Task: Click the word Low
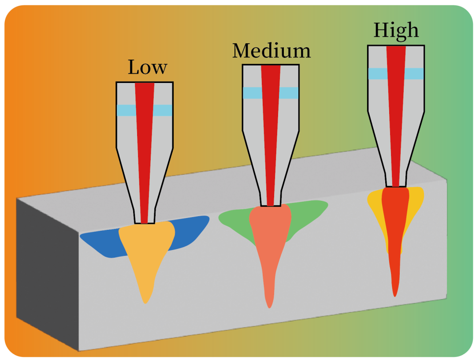tap(147, 67)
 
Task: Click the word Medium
tap(271, 50)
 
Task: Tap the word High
tap(396, 31)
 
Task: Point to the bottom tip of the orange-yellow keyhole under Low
tap(146, 303)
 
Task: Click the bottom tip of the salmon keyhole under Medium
tap(269, 308)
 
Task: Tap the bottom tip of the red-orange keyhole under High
tap(394, 296)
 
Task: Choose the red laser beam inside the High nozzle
tap(396, 116)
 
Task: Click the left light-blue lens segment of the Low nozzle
tap(126, 110)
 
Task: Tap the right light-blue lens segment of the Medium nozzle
tap(289, 93)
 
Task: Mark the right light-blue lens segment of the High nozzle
tap(414, 74)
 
